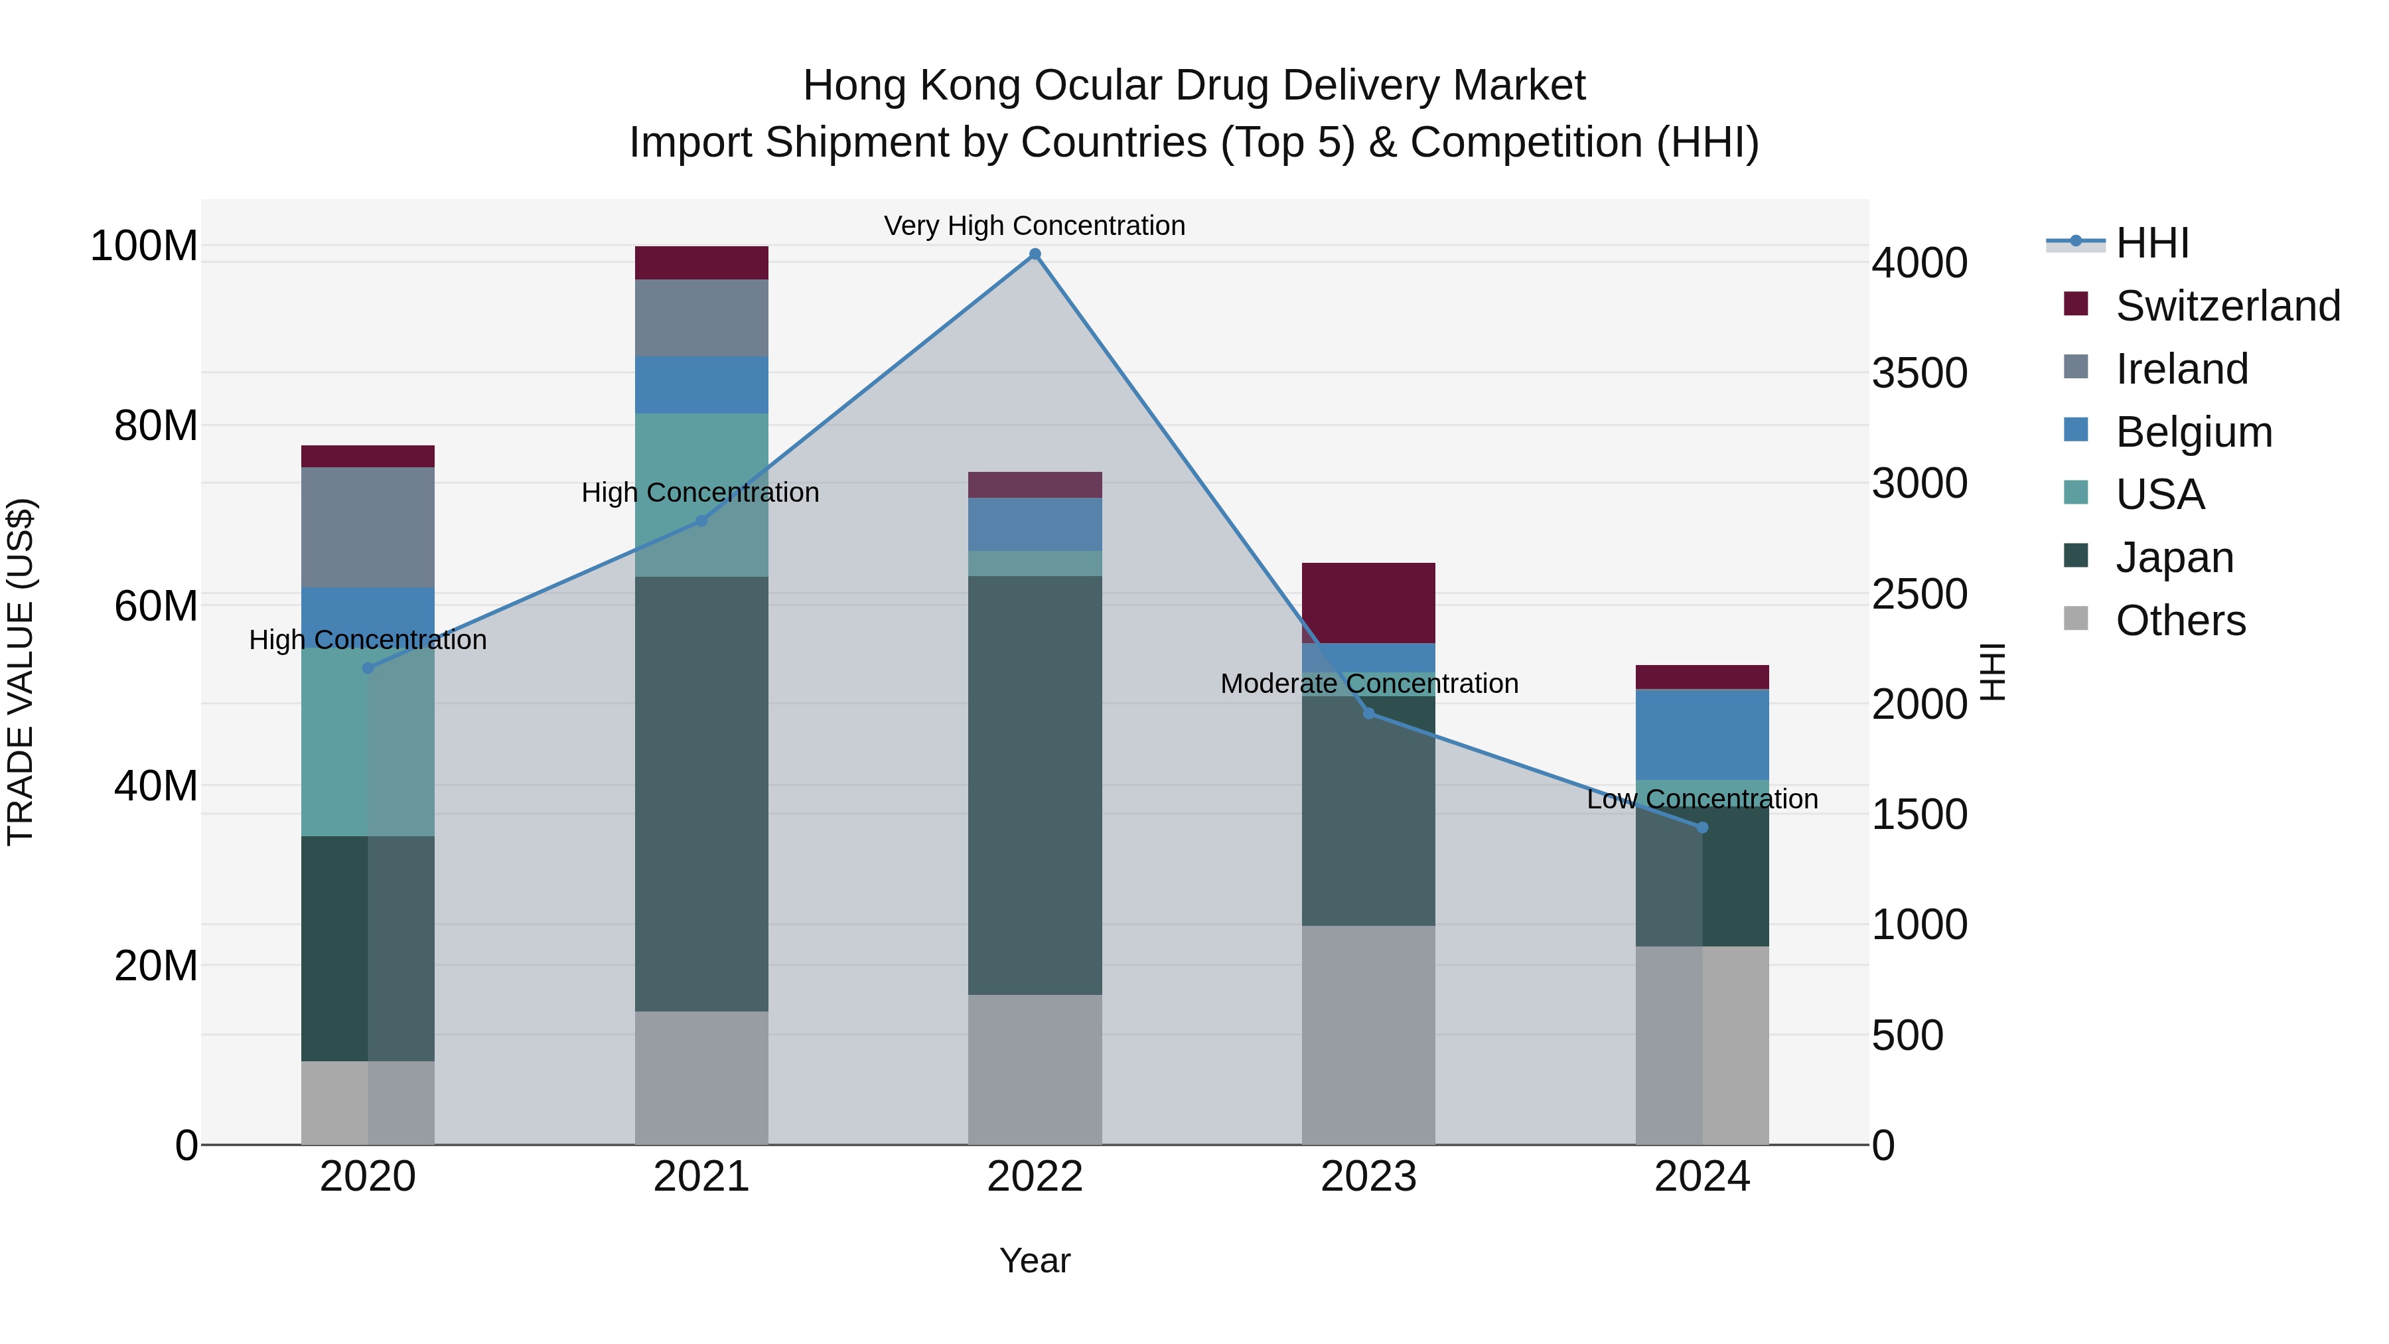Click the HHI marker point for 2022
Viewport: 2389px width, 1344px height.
tap(1035, 254)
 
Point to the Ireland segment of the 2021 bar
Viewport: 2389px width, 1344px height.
tap(701, 318)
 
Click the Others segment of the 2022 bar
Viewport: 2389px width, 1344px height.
tap(1035, 1069)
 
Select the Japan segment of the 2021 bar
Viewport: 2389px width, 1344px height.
tap(701, 794)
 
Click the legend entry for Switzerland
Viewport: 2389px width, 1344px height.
tap(2228, 306)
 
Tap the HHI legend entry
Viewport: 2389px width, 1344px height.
tap(2151, 243)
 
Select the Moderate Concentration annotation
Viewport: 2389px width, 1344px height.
tap(1369, 684)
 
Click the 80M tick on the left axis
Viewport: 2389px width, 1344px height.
tap(156, 425)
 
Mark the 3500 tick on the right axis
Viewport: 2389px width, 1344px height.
tap(1918, 373)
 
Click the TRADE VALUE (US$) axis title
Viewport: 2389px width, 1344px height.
tap(21, 672)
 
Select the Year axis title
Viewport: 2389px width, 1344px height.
tap(1035, 1260)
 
